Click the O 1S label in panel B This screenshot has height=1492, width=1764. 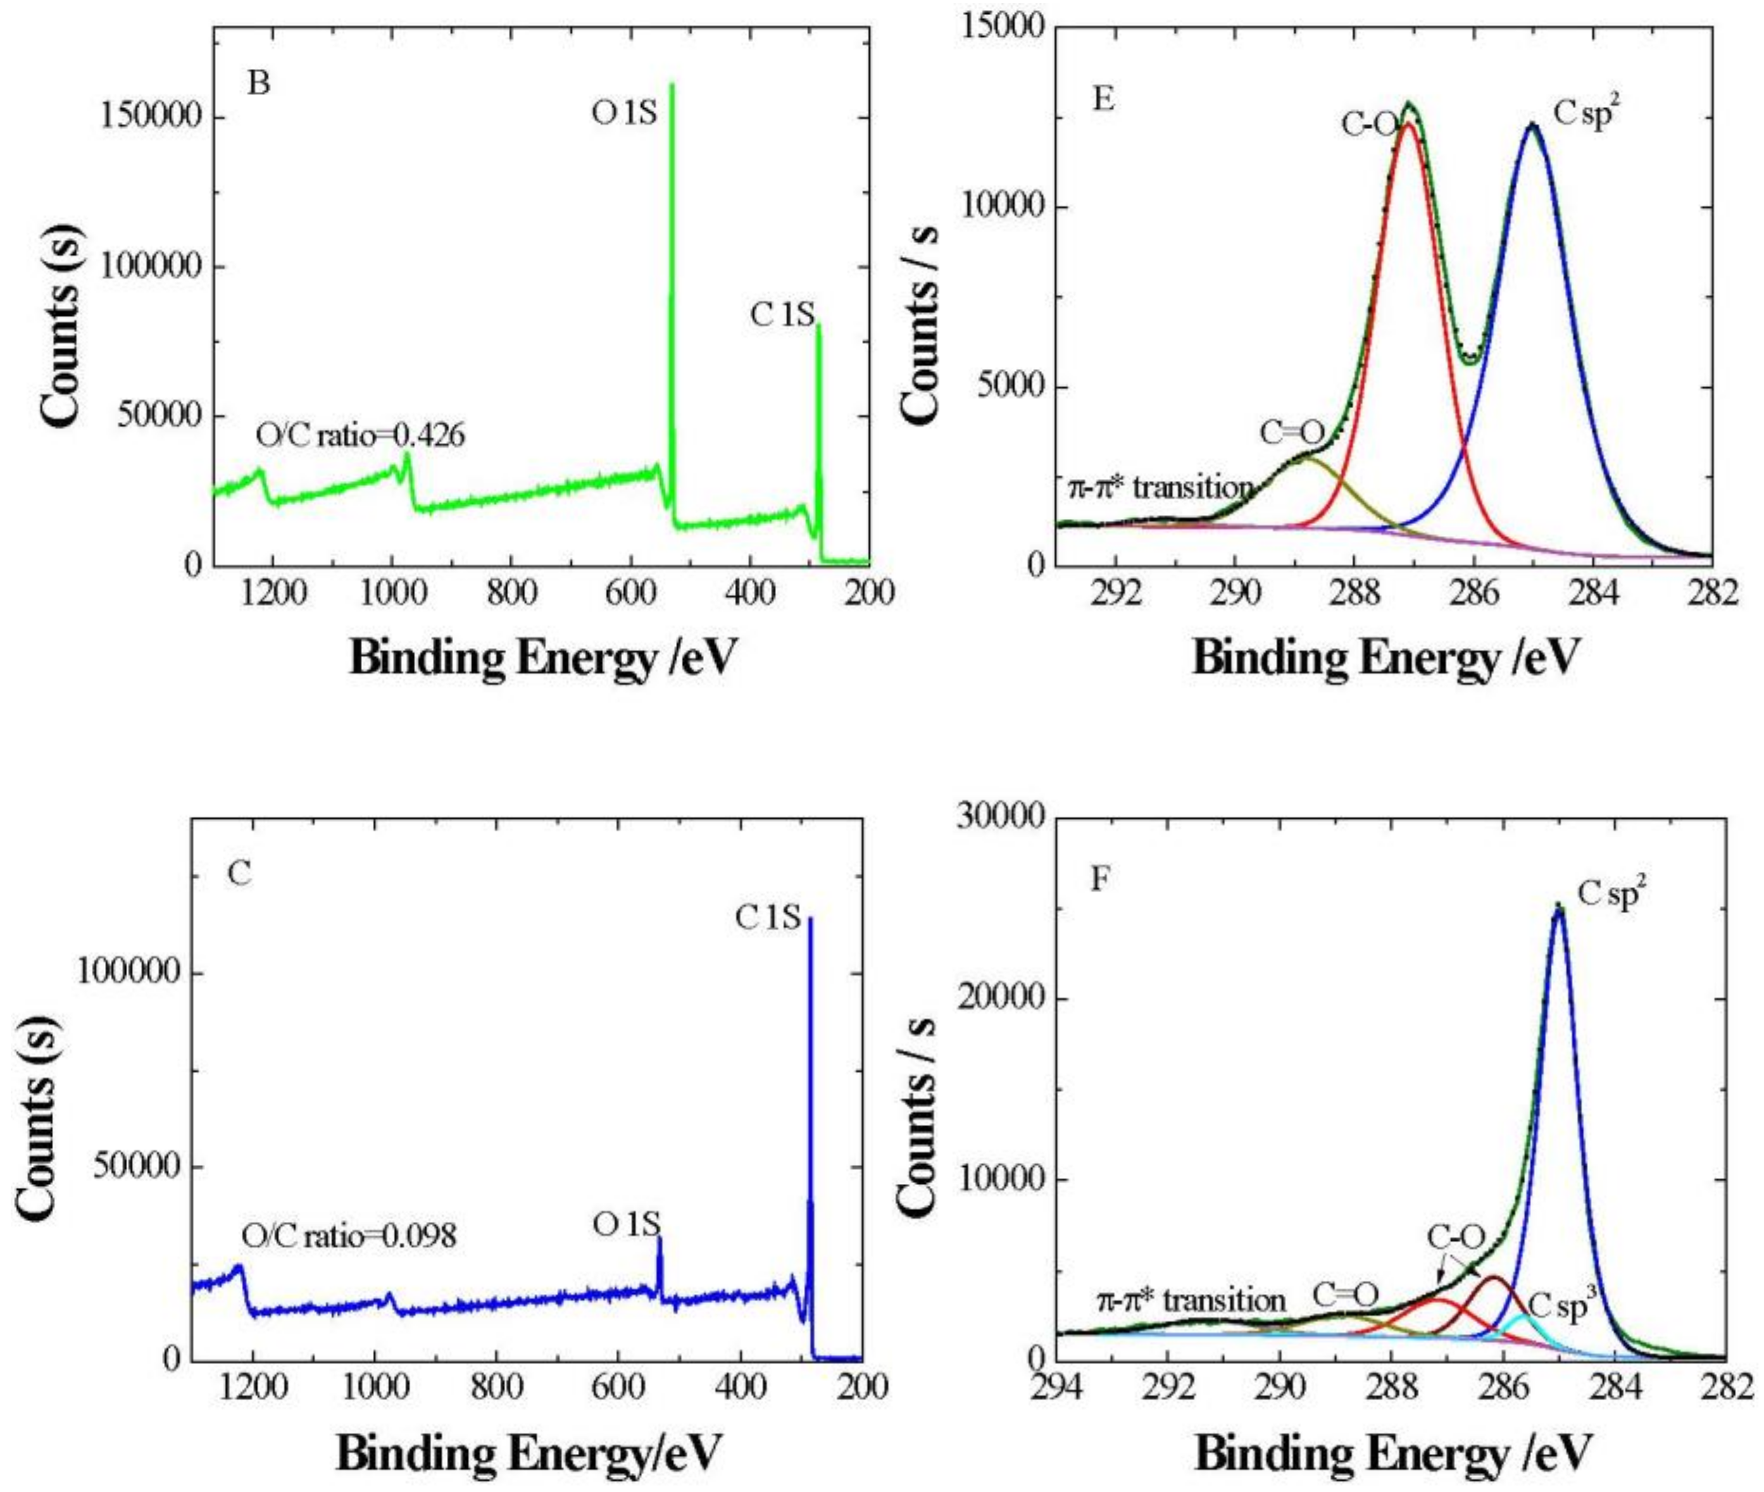tap(624, 113)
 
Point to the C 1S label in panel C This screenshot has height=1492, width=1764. tap(767, 917)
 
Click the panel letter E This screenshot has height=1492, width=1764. tap(1103, 100)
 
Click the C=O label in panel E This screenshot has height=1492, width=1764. tap(1292, 433)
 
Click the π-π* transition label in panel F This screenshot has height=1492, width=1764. tap(1191, 1300)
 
